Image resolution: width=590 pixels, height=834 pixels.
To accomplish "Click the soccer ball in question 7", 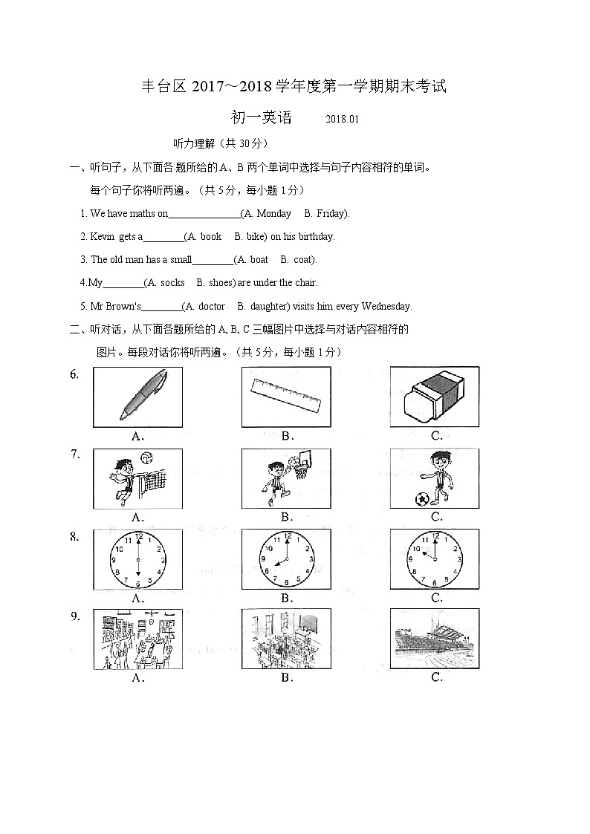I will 422,498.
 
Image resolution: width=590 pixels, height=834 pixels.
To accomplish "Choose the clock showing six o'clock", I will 137,559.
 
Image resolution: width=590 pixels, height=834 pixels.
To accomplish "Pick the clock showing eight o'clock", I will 286,559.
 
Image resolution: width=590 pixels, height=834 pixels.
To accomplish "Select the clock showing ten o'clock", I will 435,559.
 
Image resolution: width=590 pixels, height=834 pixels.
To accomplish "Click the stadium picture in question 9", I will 435,639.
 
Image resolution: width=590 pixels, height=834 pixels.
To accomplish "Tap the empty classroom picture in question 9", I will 286,639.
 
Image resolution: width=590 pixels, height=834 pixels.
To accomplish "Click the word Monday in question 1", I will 273,214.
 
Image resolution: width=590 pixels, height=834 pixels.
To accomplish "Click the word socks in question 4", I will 172,283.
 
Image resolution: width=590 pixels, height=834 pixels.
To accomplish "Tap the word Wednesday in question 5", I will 385,307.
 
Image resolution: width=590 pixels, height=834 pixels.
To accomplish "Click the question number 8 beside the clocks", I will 74,536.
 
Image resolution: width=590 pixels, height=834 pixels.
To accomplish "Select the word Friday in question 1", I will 331,214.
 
